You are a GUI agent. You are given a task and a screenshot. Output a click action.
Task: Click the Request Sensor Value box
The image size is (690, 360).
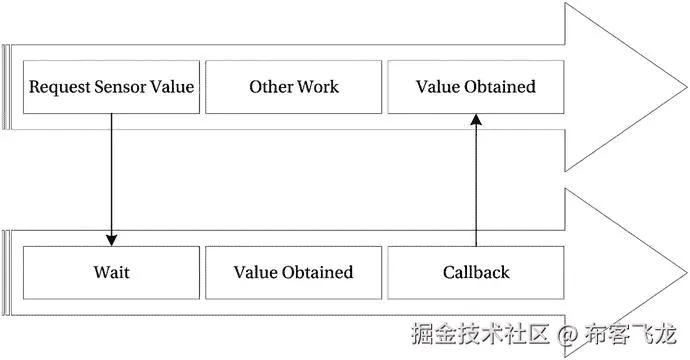tap(111, 87)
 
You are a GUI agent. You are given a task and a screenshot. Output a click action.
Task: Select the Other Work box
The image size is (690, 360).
tap(294, 87)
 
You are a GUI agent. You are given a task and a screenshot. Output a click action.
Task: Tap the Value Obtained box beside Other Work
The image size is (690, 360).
tap(475, 87)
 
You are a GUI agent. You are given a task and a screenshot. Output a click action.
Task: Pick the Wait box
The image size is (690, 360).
tap(111, 272)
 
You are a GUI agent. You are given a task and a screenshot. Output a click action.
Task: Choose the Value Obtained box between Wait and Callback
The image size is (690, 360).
tap(294, 272)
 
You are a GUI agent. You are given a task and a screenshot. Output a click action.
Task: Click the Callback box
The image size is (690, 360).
tap(475, 272)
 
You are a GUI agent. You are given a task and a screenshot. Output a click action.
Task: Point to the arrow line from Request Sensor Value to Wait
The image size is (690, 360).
tap(111, 175)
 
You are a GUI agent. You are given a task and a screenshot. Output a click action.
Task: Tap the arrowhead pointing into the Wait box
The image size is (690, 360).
tap(111, 239)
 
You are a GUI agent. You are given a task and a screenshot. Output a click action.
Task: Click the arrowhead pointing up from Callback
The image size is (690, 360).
tap(476, 119)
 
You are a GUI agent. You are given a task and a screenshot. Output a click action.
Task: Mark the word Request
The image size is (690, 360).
tap(55, 87)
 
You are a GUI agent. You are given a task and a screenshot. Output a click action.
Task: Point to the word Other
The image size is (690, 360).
tap(271, 87)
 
